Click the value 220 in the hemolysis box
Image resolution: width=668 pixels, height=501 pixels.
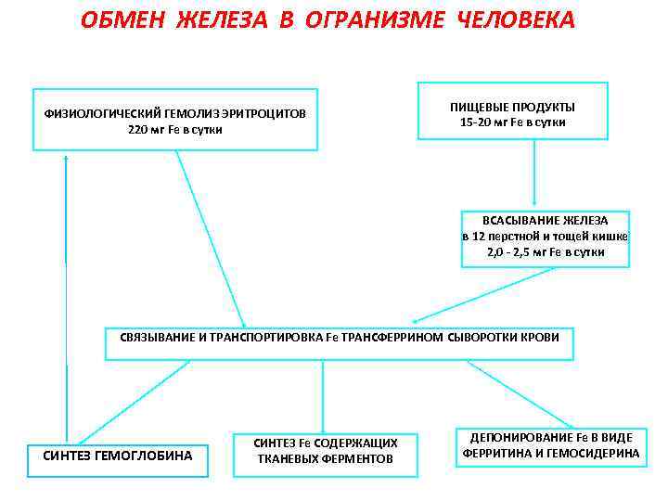[x=138, y=129]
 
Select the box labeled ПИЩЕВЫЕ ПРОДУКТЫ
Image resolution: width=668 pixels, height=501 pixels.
[x=512, y=114]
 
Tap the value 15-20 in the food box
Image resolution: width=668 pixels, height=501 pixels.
[x=479, y=122]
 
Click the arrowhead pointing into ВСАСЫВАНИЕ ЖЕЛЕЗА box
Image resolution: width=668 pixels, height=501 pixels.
[x=534, y=201]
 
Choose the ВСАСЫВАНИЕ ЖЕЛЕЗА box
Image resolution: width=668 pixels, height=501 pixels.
[x=546, y=238]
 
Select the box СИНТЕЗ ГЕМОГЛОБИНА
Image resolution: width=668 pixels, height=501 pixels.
[x=118, y=456]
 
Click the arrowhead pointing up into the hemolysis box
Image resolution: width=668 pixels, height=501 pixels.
[x=67, y=158]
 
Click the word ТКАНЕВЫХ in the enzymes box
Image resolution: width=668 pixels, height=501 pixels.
[x=286, y=458]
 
